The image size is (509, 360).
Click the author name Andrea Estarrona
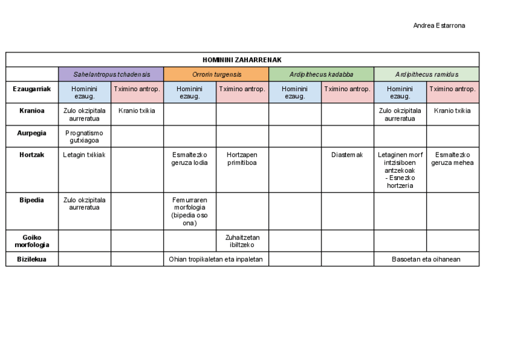tap(439, 25)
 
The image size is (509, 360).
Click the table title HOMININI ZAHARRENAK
tap(242, 59)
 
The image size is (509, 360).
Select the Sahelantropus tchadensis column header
tap(110, 74)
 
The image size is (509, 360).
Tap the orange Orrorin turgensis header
tap(216, 74)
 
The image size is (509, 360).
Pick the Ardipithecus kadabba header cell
tap(321, 74)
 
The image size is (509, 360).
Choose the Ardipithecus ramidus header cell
tap(426, 74)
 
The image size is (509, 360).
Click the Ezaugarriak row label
tap(32, 89)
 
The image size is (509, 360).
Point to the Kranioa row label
tap(32, 110)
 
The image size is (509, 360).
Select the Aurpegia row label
tap(32, 133)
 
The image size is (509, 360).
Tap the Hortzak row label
tap(32, 154)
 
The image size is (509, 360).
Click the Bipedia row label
tap(32, 200)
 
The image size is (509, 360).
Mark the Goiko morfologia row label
tap(32, 241)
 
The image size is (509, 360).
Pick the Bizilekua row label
tap(32, 259)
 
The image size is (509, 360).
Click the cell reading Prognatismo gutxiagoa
tap(84, 136)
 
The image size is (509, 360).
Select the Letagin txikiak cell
tap(84, 154)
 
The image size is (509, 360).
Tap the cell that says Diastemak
tap(347, 154)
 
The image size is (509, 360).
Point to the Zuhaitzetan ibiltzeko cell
tap(242, 241)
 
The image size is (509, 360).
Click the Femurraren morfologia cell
tap(190, 211)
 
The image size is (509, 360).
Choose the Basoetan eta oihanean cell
tap(426, 259)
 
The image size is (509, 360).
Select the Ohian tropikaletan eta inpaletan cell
tap(216, 259)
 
